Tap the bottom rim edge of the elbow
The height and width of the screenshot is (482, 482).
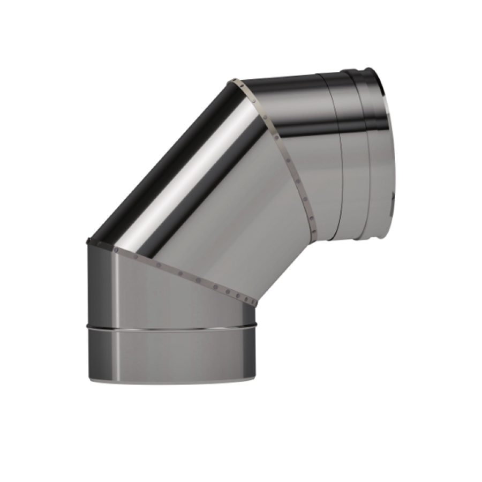point(171,381)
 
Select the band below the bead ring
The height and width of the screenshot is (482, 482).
point(171,353)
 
